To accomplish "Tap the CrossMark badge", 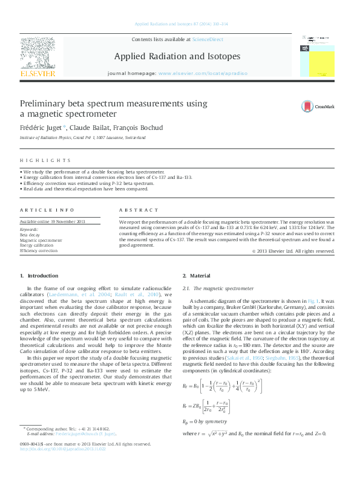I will [x=318, y=106].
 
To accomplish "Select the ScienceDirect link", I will [x=207, y=39].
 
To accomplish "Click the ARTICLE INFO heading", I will [x=44, y=210].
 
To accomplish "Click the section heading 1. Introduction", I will [x=39, y=276].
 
